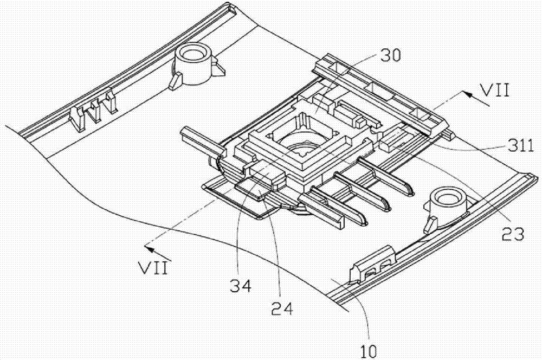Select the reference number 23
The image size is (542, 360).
(512, 234)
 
